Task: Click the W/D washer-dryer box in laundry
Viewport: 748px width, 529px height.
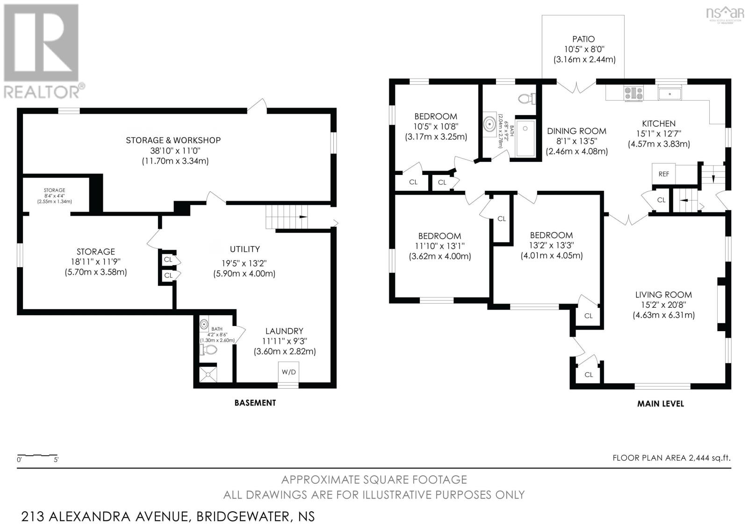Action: tap(288, 372)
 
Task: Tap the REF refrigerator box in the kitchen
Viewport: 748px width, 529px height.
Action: tap(663, 174)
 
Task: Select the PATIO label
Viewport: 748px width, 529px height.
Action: tap(583, 39)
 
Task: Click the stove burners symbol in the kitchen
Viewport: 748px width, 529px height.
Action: tap(633, 93)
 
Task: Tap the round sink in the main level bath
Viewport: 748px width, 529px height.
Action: tap(489, 124)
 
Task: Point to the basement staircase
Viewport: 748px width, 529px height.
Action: tap(287, 217)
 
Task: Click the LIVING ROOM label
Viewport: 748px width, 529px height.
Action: tap(663, 295)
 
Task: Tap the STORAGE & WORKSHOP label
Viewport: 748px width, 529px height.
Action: tap(173, 140)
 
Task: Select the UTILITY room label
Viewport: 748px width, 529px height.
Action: tap(245, 249)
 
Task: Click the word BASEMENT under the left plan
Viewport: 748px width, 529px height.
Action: tap(255, 402)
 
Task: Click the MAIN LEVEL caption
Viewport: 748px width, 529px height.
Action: tap(660, 403)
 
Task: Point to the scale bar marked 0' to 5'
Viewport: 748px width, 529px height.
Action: tap(37, 455)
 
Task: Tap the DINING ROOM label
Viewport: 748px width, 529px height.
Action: tap(576, 131)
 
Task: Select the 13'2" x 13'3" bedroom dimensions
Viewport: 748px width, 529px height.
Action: tap(551, 245)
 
